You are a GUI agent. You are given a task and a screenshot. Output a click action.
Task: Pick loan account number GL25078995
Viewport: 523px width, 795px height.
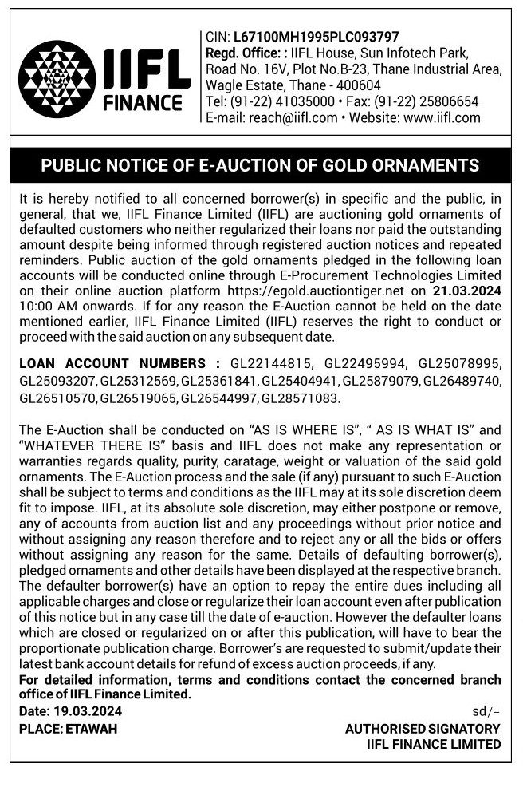(x=460, y=365)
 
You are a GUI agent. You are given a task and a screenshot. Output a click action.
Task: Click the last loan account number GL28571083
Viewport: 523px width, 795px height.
(x=301, y=397)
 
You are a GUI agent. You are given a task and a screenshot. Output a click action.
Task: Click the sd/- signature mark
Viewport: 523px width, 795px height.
(x=486, y=711)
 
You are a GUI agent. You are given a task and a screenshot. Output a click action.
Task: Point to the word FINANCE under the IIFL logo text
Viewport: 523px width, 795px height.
(x=143, y=104)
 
